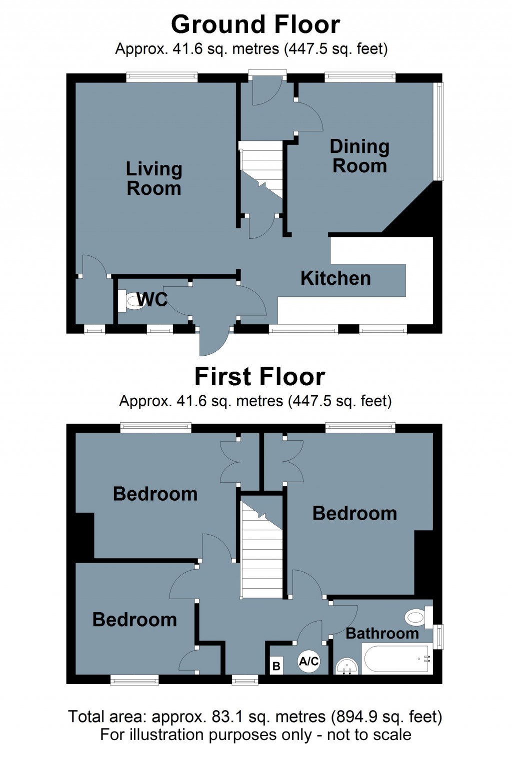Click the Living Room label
(153, 179)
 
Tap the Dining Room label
(359, 156)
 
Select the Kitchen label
(335, 278)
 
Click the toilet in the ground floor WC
(131, 301)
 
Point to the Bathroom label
(382, 634)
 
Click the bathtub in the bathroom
(397, 660)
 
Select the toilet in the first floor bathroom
(417, 618)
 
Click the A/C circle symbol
(308, 662)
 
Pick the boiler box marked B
(276, 666)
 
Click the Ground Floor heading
(255, 24)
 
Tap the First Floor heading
(259, 377)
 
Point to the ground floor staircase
(261, 170)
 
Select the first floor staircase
(261, 550)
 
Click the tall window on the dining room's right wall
(438, 131)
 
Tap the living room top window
(161, 77)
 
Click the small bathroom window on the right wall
(438, 636)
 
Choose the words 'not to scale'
(369, 735)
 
